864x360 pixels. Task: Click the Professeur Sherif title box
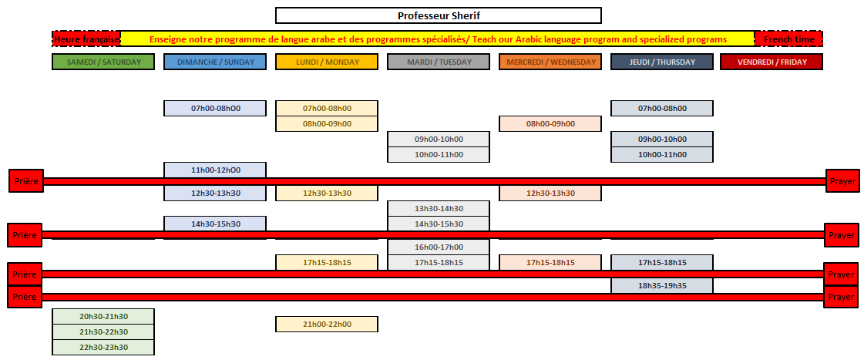438,15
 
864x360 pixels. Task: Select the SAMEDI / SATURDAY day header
103,62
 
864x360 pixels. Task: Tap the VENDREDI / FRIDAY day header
772,62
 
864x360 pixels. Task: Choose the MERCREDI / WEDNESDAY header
550,62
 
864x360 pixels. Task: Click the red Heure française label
86,39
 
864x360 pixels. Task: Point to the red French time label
788,39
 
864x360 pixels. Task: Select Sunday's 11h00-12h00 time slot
215,170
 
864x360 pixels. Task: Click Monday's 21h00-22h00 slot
327,325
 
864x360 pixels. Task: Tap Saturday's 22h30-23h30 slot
103,348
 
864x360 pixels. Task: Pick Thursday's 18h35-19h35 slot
662,285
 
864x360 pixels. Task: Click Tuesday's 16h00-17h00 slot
439,247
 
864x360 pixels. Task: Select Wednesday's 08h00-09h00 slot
550,124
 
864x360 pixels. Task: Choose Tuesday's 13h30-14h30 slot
439,208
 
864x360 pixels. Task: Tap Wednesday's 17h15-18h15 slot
550,262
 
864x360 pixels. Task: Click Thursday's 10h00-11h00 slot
662,154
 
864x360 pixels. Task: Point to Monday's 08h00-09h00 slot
327,123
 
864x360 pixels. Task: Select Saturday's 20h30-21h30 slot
103,317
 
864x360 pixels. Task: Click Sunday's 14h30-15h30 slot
215,224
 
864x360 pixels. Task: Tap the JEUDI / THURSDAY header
662,62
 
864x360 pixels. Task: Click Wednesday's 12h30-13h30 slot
550,193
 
